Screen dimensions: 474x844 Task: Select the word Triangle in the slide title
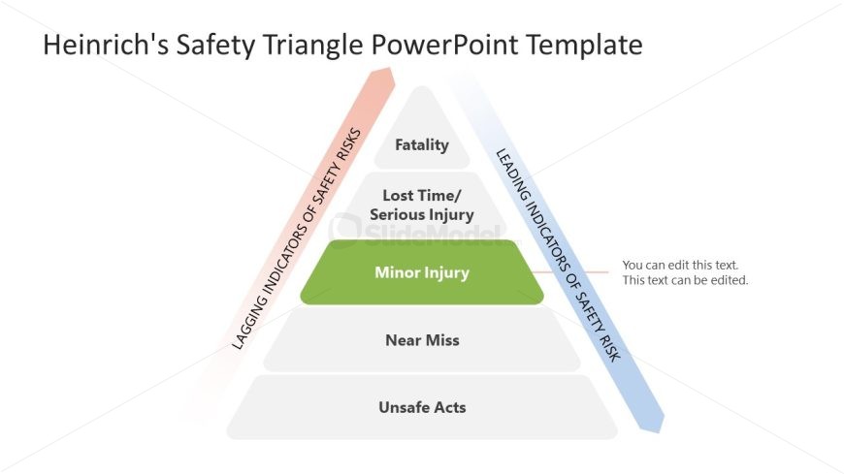tap(315, 45)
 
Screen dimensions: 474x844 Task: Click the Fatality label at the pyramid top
tap(422, 145)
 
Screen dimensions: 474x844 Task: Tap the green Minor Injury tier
tap(422, 272)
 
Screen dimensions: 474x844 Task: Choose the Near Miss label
tap(422, 340)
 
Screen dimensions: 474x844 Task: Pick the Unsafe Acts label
tap(422, 407)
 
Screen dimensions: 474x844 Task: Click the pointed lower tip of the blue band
tap(660, 430)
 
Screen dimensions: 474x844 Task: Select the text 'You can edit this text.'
tap(687, 265)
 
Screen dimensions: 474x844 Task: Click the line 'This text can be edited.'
tap(686, 280)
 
